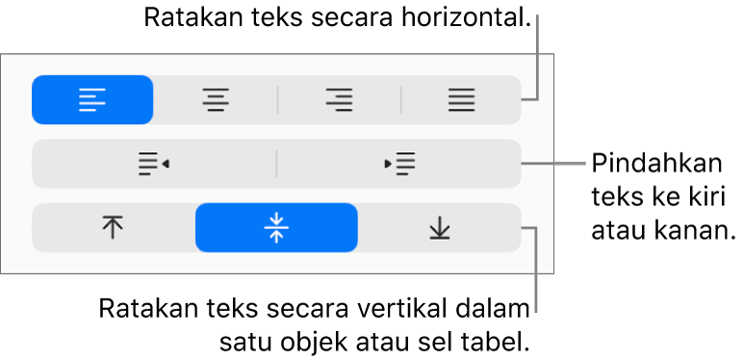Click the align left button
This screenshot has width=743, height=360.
coord(92,99)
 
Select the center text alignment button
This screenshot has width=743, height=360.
coord(216,99)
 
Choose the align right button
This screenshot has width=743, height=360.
coord(340,99)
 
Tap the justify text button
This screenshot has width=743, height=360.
coord(462,99)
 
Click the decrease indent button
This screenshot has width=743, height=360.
coord(154,164)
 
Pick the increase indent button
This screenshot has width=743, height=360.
coord(399,164)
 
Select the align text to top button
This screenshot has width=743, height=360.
coord(113,228)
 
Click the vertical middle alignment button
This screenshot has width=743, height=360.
coord(277,228)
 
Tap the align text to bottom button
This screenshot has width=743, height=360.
coord(440,228)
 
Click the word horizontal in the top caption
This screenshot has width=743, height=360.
coord(465,18)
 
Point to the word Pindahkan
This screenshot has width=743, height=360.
coord(656,165)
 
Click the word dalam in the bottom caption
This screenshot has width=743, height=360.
coord(493,310)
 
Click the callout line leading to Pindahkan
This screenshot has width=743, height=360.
coord(554,164)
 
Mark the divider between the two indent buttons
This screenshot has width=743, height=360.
coord(277,164)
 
